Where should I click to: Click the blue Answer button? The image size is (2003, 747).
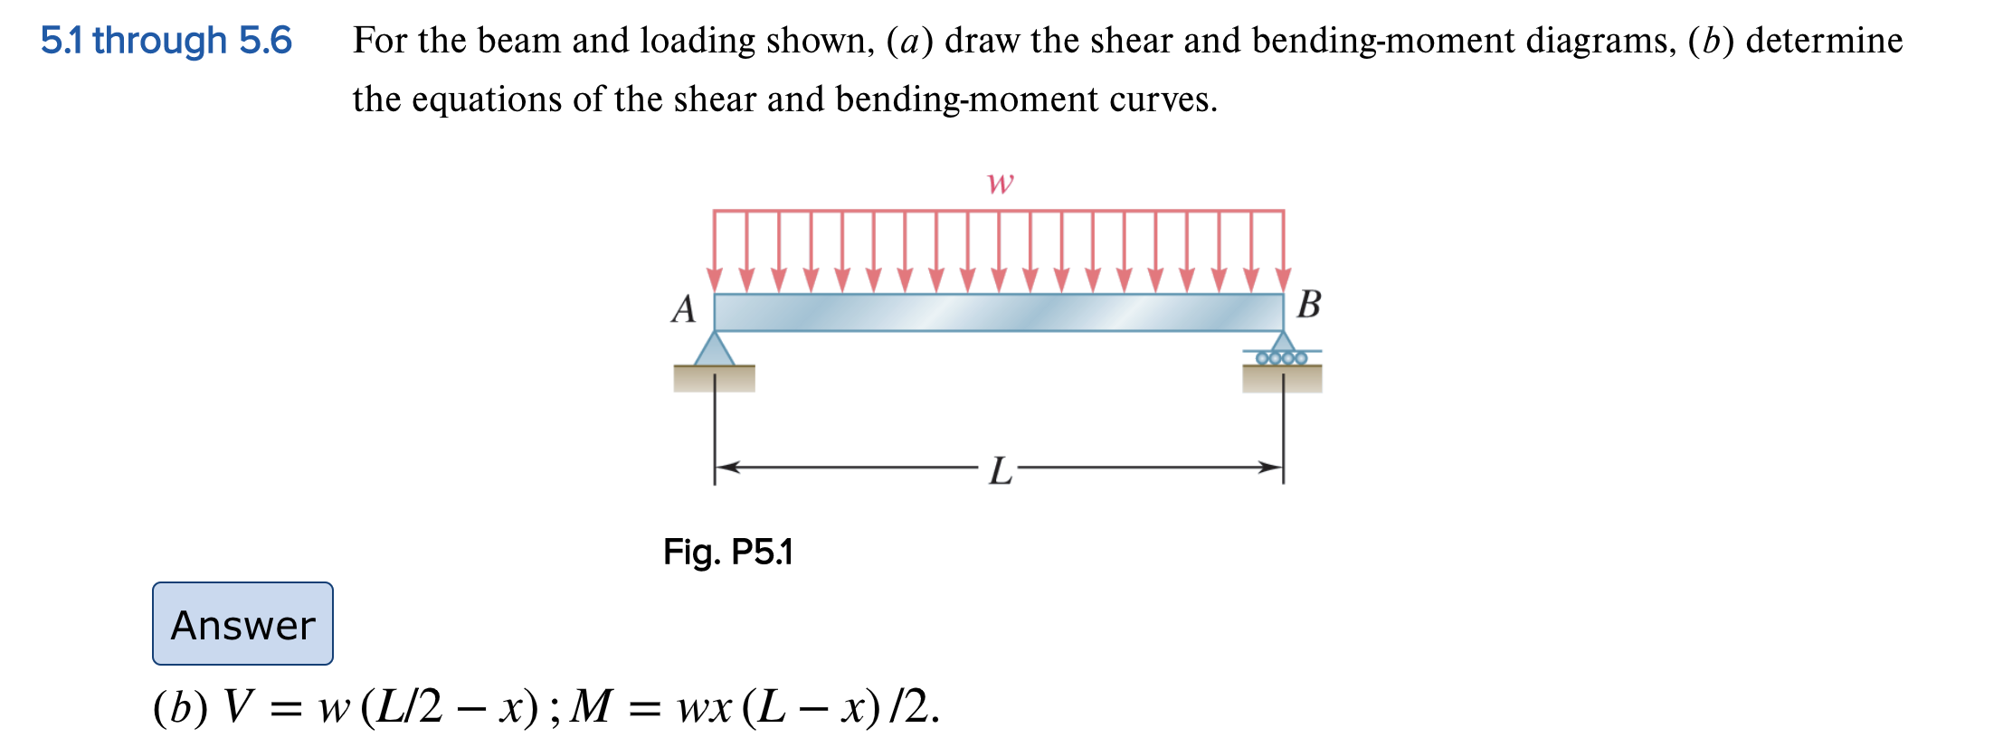(x=242, y=624)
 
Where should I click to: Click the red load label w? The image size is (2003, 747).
(x=1000, y=183)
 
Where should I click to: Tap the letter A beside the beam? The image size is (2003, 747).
(x=684, y=309)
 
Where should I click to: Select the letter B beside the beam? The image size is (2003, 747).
(x=1308, y=305)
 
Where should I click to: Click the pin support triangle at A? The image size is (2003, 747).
(x=715, y=350)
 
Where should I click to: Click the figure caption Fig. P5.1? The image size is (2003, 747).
(x=727, y=552)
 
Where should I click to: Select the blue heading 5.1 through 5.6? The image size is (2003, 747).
(x=166, y=41)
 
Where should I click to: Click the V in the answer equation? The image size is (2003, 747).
(x=238, y=706)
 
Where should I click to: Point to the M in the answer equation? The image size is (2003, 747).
(x=592, y=706)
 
